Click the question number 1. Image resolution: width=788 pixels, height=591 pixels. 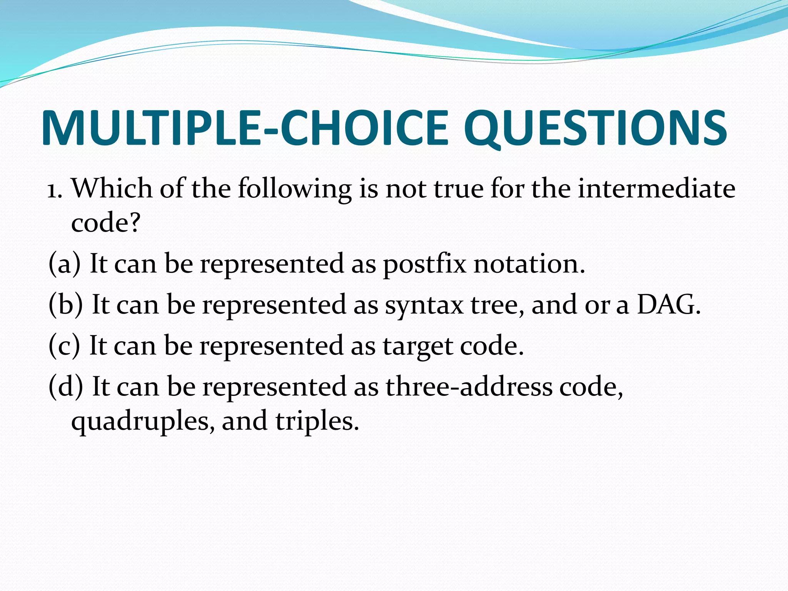54,189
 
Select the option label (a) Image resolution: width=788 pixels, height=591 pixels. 65,264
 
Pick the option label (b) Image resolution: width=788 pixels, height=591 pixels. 65,305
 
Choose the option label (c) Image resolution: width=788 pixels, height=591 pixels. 64,346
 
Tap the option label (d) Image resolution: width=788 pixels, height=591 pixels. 65,386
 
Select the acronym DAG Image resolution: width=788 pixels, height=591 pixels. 669,305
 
